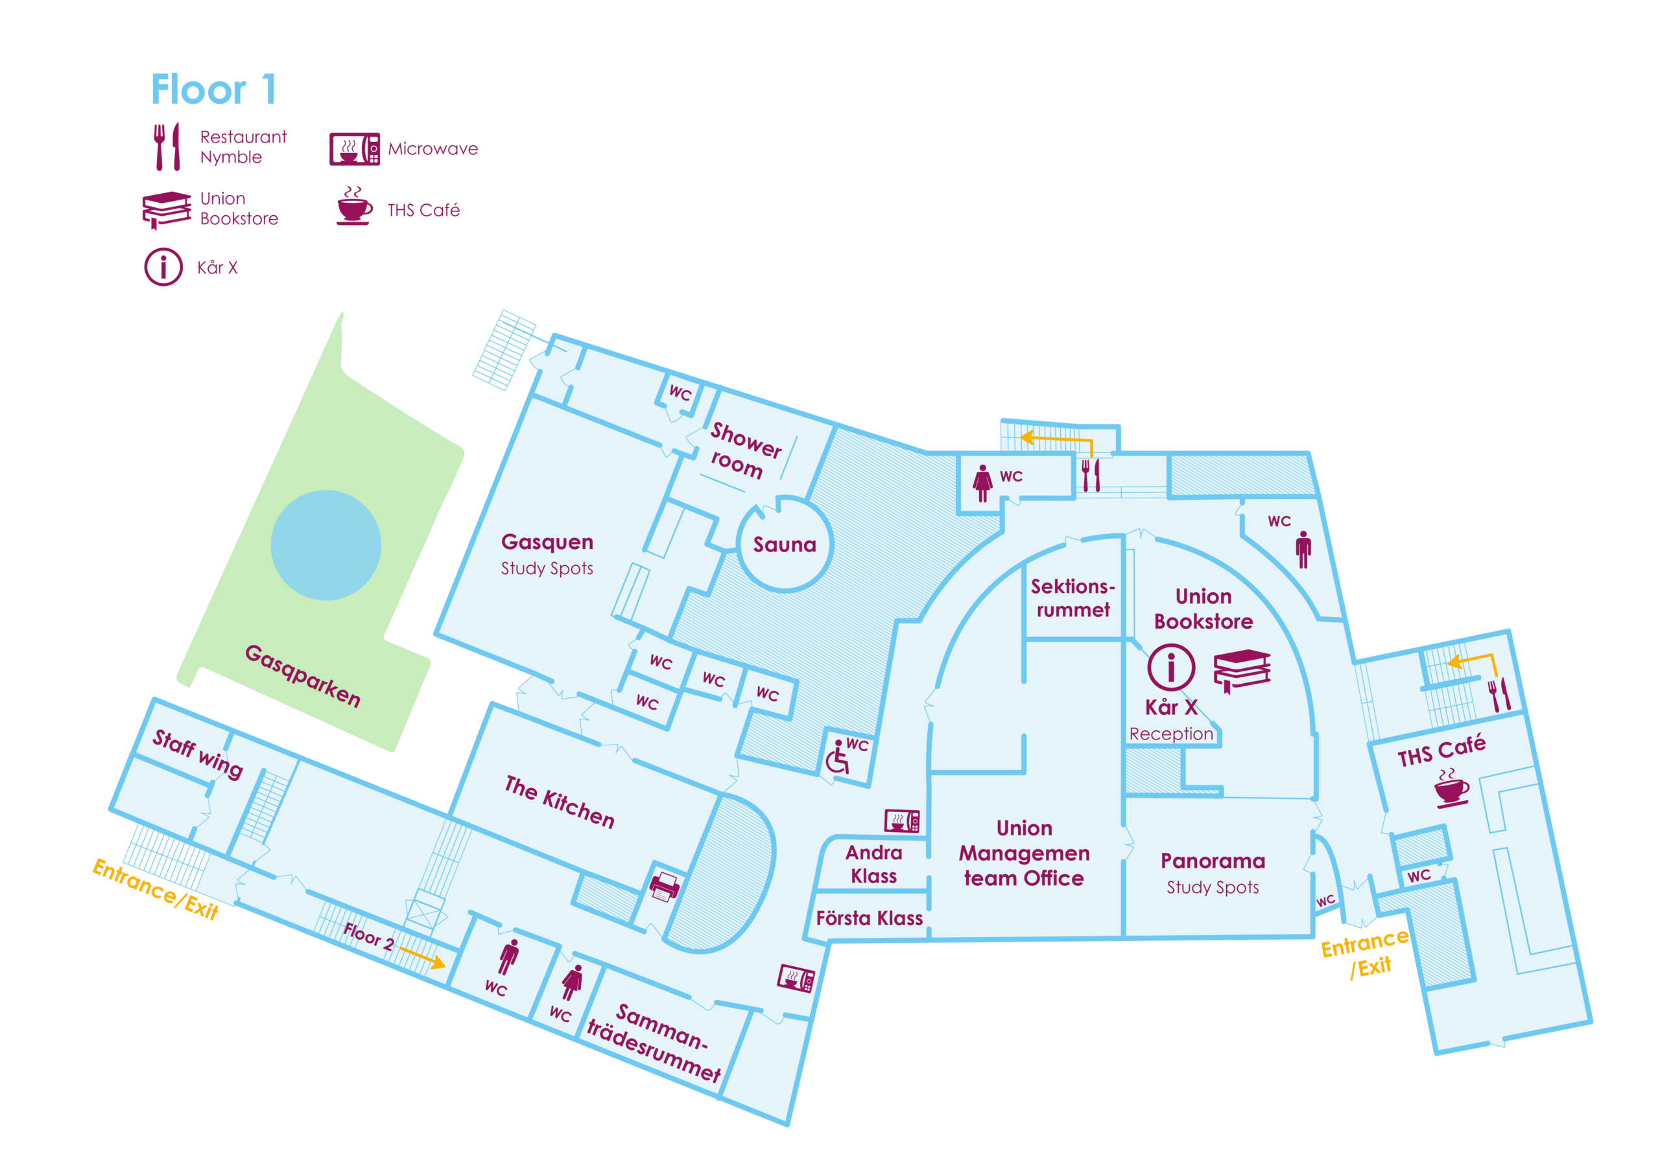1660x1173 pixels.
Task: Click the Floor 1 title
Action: coord(213,89)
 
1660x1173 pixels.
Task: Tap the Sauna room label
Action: coord(785,545)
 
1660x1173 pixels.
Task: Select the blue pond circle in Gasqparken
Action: coord(326,545)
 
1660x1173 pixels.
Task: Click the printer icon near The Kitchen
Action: coord(665,886)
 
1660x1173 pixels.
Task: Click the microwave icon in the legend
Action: coord(354,149)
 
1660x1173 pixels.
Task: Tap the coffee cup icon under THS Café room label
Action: coord(1451,788)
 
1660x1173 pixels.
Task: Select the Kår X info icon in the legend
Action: coord(163,268)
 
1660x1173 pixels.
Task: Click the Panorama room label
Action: coord(1213,861)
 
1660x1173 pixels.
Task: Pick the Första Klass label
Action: coord(869,918)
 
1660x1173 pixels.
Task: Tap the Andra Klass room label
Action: coord(873,865)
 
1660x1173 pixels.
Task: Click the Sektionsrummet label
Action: coord(1073,598)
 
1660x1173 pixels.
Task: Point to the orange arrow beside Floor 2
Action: coord(422,957)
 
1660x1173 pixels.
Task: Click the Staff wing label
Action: coord(197,754)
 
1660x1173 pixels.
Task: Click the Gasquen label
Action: coord(547,542)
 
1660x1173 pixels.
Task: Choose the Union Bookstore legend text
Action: coord(239,209)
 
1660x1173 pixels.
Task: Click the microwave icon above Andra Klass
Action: coord(902,820)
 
